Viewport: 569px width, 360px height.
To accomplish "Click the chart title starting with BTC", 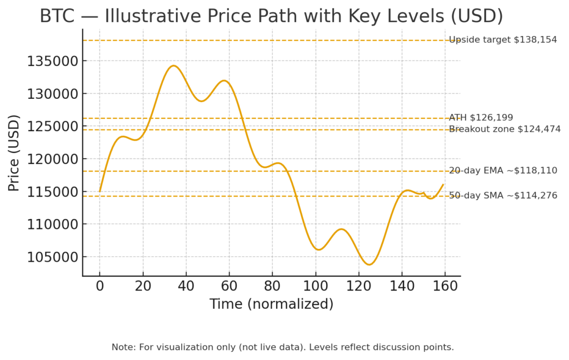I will click(271, 16).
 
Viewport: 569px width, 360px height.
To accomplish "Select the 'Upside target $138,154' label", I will click(503, 40).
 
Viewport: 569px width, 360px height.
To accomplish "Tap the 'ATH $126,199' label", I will click(481, 118).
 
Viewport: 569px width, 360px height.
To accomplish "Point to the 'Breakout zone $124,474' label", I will click(505, 129).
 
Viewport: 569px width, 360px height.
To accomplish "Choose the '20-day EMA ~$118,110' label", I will click(503, 171).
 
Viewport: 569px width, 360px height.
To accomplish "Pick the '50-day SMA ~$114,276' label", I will click(503, 196).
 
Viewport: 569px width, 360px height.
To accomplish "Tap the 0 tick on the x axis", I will click(100, 287).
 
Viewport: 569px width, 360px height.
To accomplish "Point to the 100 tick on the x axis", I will click(316, 287).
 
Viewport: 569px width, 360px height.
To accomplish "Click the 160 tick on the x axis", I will click(445, 287).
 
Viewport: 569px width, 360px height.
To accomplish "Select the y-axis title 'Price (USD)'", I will click(14, 153).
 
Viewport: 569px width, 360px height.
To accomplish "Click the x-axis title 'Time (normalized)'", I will click(271, 304).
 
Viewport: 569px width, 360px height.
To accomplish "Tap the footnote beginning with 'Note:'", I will click(283, 347).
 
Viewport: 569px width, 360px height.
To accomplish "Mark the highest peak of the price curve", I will click(173, 66).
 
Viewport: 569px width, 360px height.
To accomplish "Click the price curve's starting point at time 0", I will click(100, 192).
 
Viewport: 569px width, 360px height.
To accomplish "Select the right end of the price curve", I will click(443, 184).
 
